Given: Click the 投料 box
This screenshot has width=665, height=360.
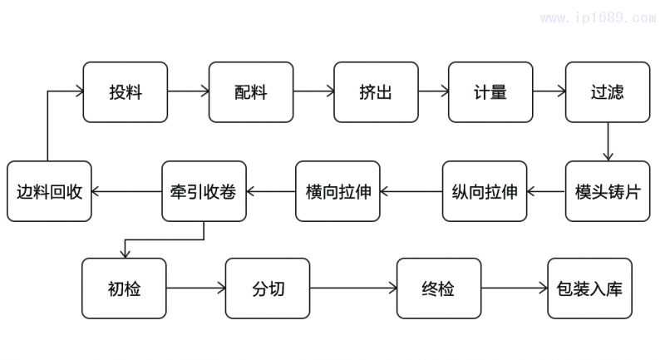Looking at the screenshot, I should [x=125, y=91].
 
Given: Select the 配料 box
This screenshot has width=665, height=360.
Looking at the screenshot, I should [x=250, y=91].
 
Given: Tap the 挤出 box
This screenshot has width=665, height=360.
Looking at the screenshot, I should [x=376, y=91].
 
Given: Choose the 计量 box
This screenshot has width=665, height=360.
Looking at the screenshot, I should [x=490, y=91].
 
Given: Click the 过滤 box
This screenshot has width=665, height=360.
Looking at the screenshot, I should [x=607, y=91].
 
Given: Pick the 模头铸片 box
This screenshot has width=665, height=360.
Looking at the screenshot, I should [x=607, y=191].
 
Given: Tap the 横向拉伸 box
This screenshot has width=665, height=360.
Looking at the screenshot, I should [x=337, y=191].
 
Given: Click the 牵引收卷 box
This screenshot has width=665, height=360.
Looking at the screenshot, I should [x=203, y=191].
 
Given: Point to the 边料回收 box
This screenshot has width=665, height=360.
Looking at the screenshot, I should [x=49, y=191].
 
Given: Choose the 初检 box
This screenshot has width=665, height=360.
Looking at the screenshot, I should [x=124, y=288].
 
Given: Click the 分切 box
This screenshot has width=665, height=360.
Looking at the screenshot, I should [x=267, y=288].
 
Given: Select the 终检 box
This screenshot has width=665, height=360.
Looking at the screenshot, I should [x=438, y=288].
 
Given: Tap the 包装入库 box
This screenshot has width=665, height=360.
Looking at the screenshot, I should [x=589, y=288].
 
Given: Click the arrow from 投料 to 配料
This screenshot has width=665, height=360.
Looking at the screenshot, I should [x=188, y=91].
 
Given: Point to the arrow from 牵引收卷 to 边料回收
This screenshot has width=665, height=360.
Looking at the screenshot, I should [x=126, y=191].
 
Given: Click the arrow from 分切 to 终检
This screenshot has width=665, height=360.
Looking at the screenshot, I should [x=353, y=288].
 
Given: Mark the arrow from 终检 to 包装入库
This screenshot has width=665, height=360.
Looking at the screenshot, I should [x=514, y=288].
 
